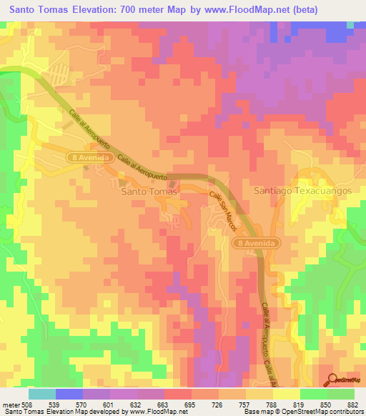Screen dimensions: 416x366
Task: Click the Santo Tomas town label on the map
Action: point(149,192)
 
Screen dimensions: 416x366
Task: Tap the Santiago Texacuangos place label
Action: point(303,192)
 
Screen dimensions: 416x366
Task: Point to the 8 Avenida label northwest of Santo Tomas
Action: point(90,157)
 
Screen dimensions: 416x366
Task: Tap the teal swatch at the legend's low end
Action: point(42,394)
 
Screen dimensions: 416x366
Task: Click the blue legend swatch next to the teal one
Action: point(69,394)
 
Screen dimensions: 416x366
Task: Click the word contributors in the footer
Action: point(345,412)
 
